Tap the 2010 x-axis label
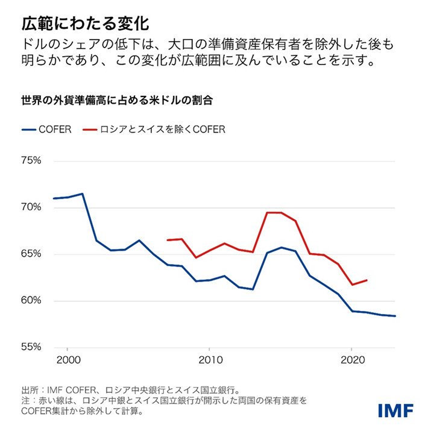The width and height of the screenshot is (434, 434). click(209, 359)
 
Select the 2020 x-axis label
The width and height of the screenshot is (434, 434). click(351, 359)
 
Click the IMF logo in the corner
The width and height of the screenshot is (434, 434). click(395, 410)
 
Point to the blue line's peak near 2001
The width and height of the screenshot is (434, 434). click(82, 193)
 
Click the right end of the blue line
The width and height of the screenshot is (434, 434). click(395, 316)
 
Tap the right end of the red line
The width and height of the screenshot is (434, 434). click(366, 280)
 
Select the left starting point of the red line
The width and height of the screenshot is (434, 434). click(167, 240)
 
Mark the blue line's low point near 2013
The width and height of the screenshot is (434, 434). click(253, 289)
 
